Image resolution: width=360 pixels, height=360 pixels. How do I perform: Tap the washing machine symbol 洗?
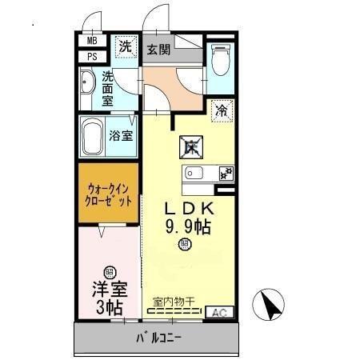point(125,46)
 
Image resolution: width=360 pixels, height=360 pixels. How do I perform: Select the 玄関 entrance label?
point(158,50)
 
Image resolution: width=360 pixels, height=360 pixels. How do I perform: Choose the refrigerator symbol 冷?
point(222,110)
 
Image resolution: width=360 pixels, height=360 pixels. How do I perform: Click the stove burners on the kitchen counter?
point(225,172)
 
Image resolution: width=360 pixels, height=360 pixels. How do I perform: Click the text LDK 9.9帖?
point(188,218)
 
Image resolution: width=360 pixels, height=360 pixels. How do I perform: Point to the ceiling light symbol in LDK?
point(185,244)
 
